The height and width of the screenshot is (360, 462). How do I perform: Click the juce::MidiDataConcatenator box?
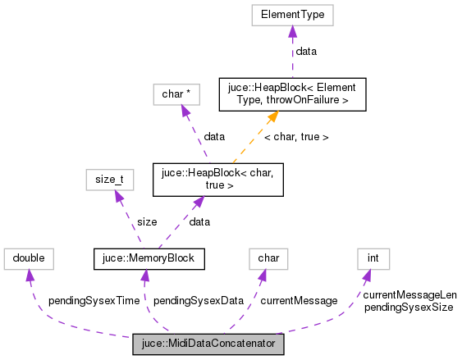pyautogui.click(x=208, y=344)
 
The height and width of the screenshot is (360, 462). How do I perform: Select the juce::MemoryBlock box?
pyautogui.click(x=149, y=259)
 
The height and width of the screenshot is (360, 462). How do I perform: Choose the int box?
pyautogui.click(x=373, y=259)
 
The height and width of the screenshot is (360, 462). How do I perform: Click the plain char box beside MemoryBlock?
pyautogui.click(x=268, y=259)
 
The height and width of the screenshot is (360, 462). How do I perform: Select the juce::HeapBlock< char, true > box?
pyautogui.click(x=218, y=179)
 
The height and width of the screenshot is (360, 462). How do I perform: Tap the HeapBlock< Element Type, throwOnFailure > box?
pyautogui.click(x=292, y=94)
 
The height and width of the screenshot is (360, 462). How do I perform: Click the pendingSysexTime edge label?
pyautogui.click(x=94, y=301)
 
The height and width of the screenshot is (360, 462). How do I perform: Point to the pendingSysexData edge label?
pyautogui.click(x=199, y=301)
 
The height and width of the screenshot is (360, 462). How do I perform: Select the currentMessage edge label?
pyautogui.click(x=299, y=301)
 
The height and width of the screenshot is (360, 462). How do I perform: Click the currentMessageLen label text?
pyautogui.click(x=409, y=295)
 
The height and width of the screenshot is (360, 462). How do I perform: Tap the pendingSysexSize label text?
pyautogui.click(x=408, y=307)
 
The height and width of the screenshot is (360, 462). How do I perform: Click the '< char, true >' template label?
pyautogui.click(x=296, y=137)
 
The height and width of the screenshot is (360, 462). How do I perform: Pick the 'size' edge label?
pyautogui.click(x=148, y=221)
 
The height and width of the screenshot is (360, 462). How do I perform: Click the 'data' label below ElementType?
pyautogui.click(x=306, y=51)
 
